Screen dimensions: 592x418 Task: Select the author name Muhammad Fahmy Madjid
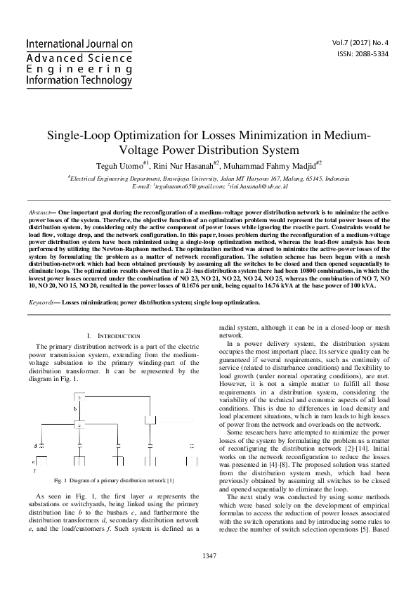pyautogui.click(x=270, y=166)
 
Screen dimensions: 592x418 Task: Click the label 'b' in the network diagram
pyautogui.click(x=75, y=408)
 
